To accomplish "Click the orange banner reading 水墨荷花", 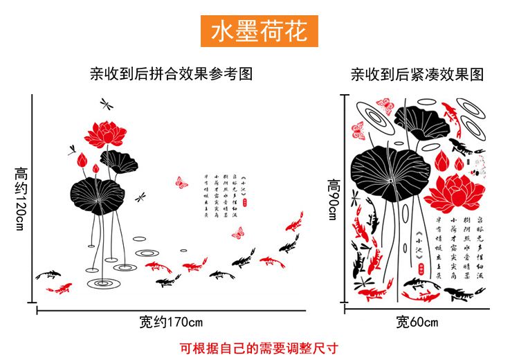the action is click(259, 31).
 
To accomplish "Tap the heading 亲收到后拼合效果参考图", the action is click(172, 74).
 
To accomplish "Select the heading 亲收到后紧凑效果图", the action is click(417, 74).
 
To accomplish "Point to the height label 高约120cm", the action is click(20, 198).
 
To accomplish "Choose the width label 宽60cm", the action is click(417, 322).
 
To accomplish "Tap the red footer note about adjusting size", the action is click(259, 348).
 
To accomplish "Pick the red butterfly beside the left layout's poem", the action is click(182, 182).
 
